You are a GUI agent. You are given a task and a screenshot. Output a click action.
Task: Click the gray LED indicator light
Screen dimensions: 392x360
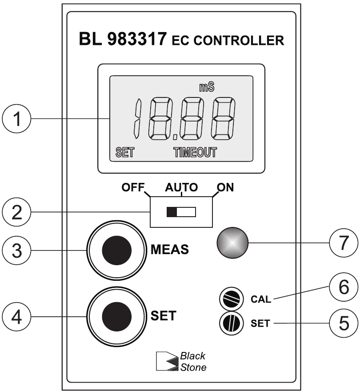[x=232, y=242]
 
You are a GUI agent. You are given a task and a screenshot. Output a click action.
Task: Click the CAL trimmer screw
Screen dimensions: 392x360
[x=230, y=298]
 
